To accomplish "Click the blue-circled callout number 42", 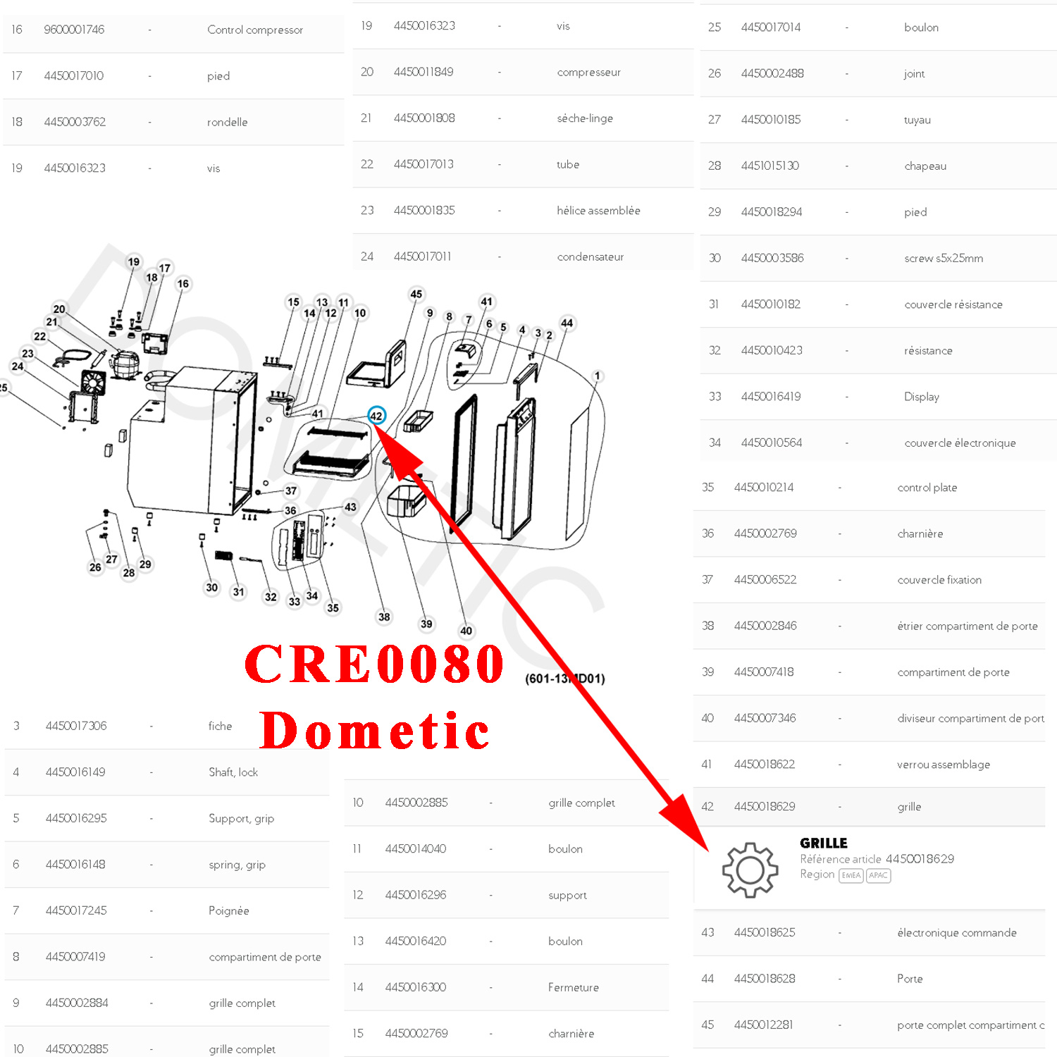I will click(376, 416).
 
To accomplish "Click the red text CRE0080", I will click(374, 664).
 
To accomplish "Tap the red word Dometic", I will click(374, 731).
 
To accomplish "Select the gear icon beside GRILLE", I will click(750, 870).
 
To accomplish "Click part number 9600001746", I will click(74, 30).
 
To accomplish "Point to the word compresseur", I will click(588, 72).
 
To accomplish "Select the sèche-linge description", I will click(584, 118).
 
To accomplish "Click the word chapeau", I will click(925, 166).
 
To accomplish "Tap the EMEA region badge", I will click(851, 875).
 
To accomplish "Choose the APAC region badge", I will click(878, 875).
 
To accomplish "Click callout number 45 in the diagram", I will click(416, 294).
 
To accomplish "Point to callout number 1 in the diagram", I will click(598, 376).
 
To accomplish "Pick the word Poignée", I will click(228, 910).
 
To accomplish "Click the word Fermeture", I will click(573, 987).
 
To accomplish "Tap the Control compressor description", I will click(255, 30).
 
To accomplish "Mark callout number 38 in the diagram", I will click(384, 617).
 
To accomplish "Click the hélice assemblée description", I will click(598, 211).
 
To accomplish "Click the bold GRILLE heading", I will click(823, 843).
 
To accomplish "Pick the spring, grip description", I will click(237, 865).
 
